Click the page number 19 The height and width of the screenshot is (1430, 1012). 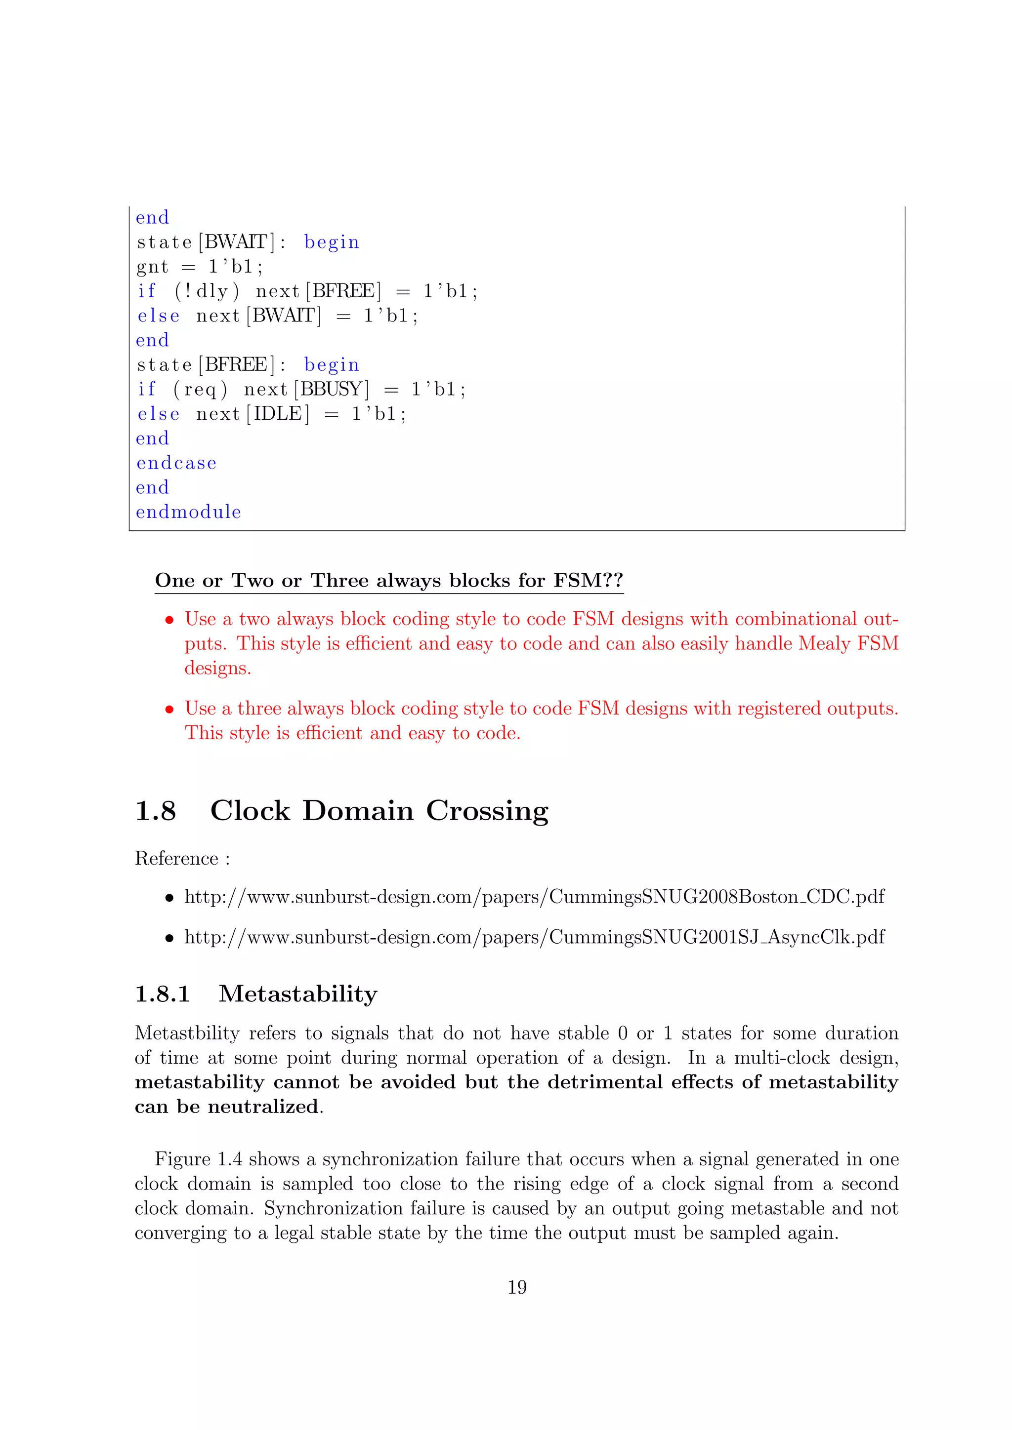pos(517,1287)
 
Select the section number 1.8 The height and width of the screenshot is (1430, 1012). pos(156,810)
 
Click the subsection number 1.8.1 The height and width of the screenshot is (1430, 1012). pos(162,993)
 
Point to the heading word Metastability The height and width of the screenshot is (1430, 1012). pos(298,993)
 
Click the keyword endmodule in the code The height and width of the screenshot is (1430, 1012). pos(188,512)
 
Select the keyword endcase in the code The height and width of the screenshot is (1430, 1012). pos(176,463)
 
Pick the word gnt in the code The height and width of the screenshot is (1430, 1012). pos(152,267)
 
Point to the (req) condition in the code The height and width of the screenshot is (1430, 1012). pos(200,390)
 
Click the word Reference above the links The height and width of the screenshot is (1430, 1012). pos(176,858)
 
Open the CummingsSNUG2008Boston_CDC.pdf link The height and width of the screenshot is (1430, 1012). pos(534,896)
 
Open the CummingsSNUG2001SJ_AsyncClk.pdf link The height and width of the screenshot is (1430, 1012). pos(534,937)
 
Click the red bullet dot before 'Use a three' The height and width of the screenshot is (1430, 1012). pos(169,710)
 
